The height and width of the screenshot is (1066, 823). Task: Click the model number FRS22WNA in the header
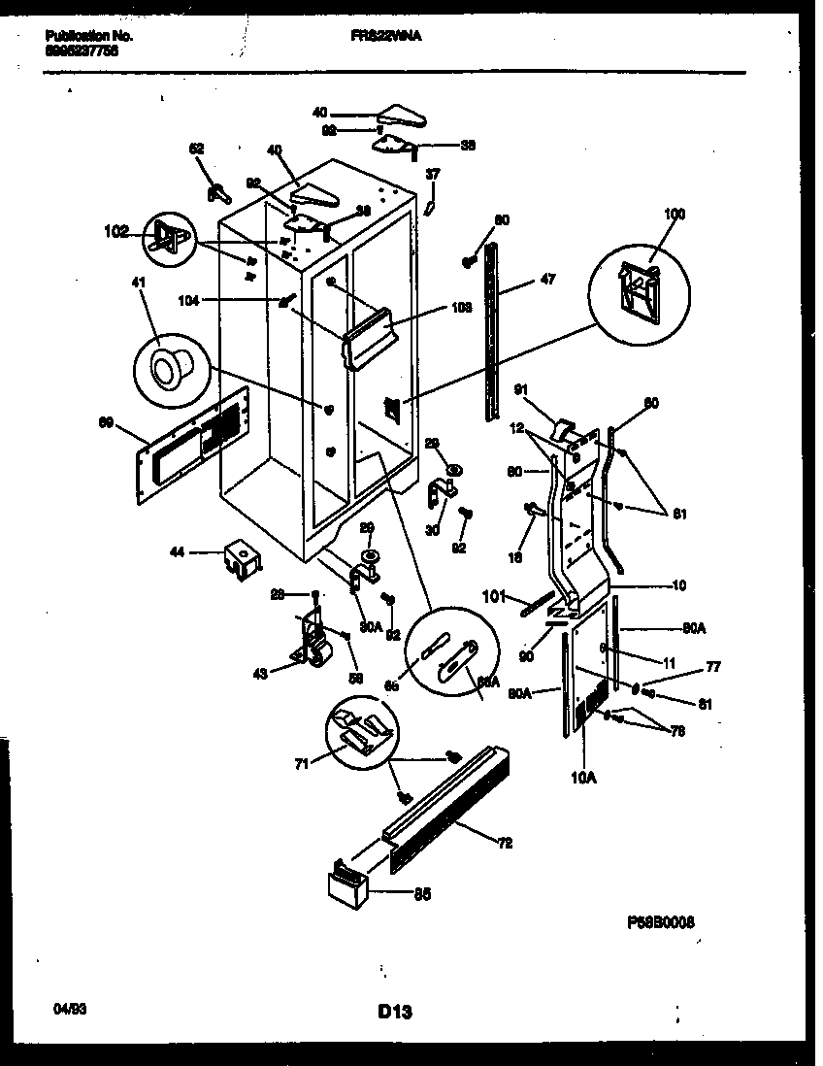click(385, 35)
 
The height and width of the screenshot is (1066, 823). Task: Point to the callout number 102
click(115, 232)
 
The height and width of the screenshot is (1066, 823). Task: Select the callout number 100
click(674, 214)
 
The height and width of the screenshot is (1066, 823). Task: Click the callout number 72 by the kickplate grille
click(504, 843)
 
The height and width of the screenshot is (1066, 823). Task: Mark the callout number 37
click(433, 174)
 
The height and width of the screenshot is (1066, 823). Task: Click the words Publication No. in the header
click(88, 35)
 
